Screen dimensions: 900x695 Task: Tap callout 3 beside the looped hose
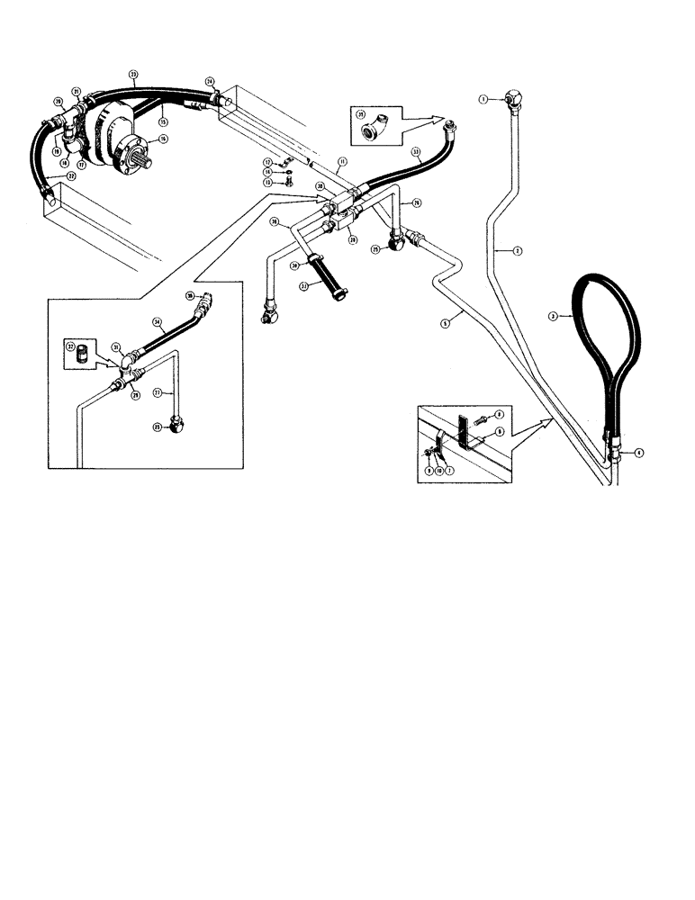554,317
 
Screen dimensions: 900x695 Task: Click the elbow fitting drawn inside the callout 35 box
370,132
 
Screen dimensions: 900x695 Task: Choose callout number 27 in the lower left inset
156,393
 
